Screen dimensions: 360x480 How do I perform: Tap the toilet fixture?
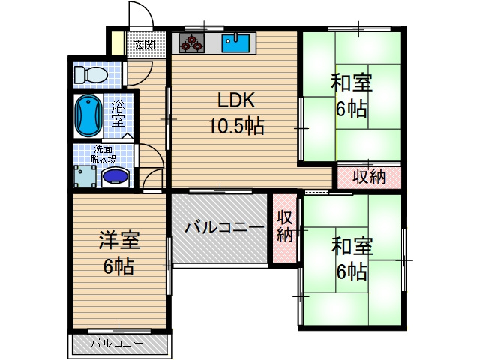coord(91,74)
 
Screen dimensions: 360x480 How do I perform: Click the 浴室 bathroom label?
coord(118,112)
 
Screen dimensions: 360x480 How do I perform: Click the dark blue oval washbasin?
coord(115,177)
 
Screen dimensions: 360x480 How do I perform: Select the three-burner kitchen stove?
coord(192,43)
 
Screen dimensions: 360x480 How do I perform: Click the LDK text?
coord(236,100)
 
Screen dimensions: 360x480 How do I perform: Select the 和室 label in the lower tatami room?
coord(351,244)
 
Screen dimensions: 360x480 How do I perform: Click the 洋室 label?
coord(119,241)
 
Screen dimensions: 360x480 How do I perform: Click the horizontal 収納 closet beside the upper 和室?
coord(368,177)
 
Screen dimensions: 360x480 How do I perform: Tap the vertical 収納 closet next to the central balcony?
coord(284,228)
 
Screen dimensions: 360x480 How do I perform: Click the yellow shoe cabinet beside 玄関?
coord(116,41)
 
